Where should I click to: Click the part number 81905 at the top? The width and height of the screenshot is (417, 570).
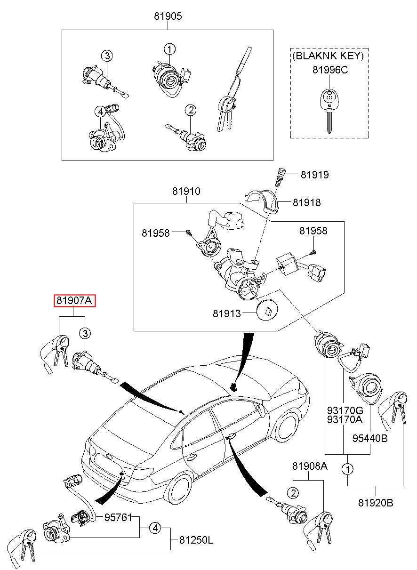coord(168,16)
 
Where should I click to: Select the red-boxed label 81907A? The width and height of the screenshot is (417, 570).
coord(75,300)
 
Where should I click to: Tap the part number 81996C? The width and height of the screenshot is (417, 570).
coord(330,70)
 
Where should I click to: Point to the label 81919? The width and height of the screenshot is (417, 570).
coord(315,175)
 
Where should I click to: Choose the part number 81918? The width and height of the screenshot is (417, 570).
coord(306,202)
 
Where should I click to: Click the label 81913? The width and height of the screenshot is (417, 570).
coord(226,313)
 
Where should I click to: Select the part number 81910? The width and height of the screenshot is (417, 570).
coord(186,192)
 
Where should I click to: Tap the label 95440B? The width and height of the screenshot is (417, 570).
coord(370,439)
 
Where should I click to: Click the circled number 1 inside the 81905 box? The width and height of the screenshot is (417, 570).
coord(169,48)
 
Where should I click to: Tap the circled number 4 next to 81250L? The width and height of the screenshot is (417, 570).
coord(155,529)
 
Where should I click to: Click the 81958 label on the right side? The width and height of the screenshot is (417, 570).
coord(313,231)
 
